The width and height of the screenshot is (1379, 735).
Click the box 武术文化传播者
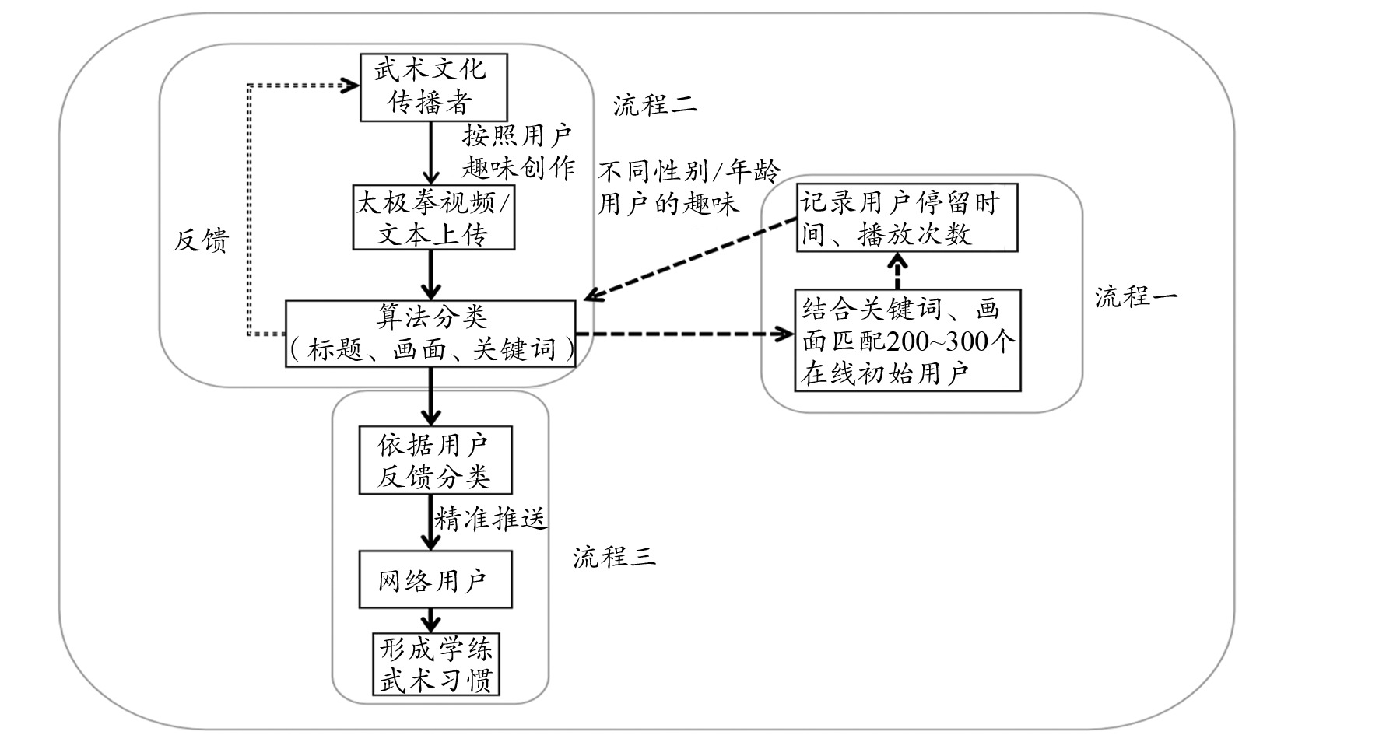(433, 87)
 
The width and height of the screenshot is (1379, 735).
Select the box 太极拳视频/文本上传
(433, 217)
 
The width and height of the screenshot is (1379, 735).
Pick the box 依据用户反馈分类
(435, 460)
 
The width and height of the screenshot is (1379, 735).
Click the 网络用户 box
(435, 579)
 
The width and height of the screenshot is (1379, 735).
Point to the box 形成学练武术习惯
(435, 663)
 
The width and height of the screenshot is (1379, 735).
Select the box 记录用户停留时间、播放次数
(907, 217)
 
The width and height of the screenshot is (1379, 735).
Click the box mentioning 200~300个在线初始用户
(907, 341)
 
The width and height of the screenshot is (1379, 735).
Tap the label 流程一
(1136, 297)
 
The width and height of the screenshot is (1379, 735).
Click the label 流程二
(654, 105)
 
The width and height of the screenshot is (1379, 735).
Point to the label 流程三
(615, 557)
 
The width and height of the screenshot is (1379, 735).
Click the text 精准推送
(491, 519)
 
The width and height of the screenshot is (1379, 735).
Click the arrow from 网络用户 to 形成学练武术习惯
(431, 620)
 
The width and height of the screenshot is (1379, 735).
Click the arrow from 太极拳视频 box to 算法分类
(431, 275)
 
